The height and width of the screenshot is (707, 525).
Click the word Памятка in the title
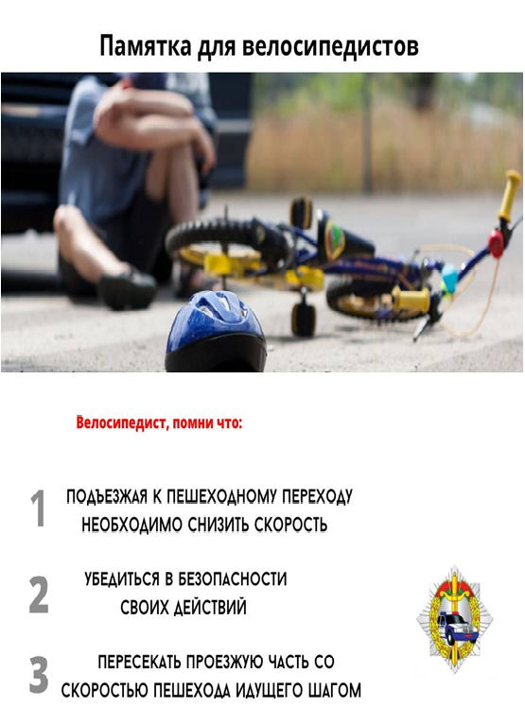pos(146,46)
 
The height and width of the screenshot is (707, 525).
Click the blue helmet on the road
pos(215,331)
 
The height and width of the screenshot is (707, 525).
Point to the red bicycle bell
pos(496,244)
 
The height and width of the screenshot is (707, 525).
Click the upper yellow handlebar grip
pos(510,195)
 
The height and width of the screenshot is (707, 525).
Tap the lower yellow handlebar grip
pos(411,300)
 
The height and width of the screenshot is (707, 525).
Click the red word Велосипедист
pos(121,422)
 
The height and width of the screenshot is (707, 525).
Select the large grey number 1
pos(39,509)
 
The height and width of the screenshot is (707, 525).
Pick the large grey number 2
pos(39,595)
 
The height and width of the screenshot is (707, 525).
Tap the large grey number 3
pos(39,675)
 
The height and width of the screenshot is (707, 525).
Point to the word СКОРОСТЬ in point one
pos(290,525)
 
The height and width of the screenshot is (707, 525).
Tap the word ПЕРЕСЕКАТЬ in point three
pos(140,662)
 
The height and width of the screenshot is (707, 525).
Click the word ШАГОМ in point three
pos(333,690)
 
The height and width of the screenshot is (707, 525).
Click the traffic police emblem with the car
pos(454,619)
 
